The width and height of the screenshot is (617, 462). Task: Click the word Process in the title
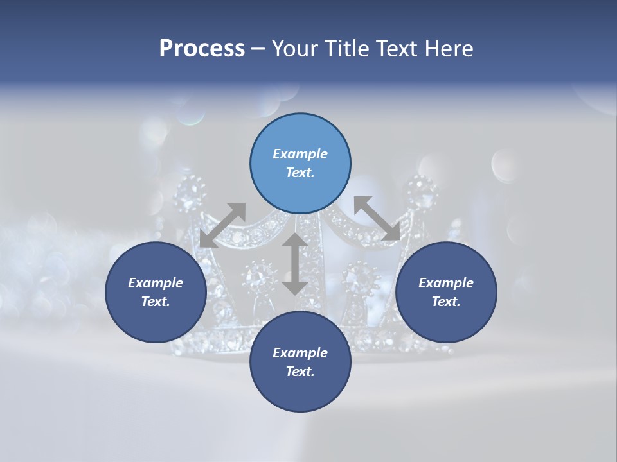pyautogui.click(x=202, y=48)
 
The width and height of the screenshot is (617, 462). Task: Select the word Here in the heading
pyautogui.click(x=448, y=48)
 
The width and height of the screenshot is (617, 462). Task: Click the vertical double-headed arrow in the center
pyautogui.click(x=294, y=264)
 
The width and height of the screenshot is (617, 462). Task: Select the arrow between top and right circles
pyautogui.click(x=377, y=218)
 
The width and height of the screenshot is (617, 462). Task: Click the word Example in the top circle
pyautogui.click(x=300, y=154)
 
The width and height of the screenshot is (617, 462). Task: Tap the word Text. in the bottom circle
pyautogui.click(x=300, y=372)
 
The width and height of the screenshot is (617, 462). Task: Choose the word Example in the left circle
pyautogui.click(x=156, y=283)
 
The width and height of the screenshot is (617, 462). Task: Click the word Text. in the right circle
pyautogui.click(x=446, y=302)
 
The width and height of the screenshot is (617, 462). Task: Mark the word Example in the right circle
pyautogui.click(x=446, y=283)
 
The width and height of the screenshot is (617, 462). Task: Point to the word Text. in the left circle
pyautogui.click(x=156, y=302)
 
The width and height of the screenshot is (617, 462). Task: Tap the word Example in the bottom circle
pyautogui.click(x=300, y=353)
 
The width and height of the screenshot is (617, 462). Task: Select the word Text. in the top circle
pyautogui.click(x=300, y=173)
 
